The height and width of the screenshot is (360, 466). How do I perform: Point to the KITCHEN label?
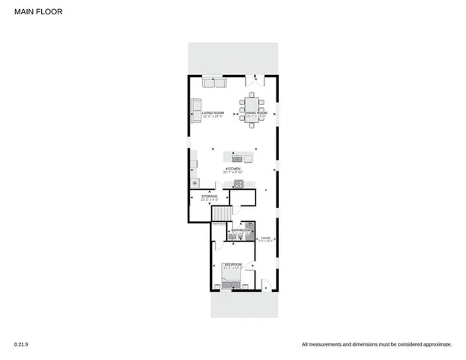coord(233,169)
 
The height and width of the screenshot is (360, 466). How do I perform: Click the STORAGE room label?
coord(208,196)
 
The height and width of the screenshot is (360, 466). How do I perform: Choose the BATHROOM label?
coord(240,230)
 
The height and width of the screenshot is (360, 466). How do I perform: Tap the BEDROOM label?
coord(233,264)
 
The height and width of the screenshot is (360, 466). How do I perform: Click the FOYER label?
coord(265,238)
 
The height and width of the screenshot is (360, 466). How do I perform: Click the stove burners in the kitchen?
coord(234,183)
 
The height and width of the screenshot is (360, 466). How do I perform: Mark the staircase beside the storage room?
coord(220,216)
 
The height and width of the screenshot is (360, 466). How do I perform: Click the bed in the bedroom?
coord(232,277)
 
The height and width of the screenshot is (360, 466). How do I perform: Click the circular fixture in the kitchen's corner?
coord(195,183)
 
